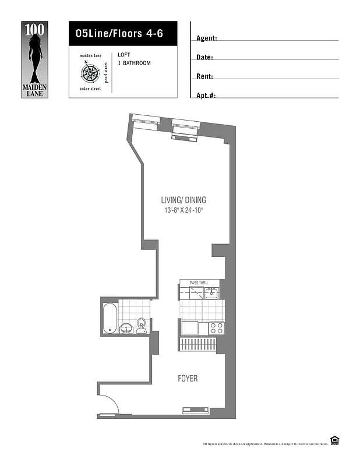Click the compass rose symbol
pos(90,72)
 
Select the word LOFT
pos(124,55)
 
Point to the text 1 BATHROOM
pos(134,63)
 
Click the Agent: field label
pos(207,38)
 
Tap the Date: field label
pos(204,58)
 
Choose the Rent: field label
pos(204,76)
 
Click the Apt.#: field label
pos(206,95)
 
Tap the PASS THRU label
pos(199,283)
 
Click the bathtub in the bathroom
pos(110,318)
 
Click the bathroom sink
pos(126,329)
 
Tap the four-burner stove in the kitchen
pos(217,328)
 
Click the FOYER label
pos(188,379)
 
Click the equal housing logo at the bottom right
pos(334,440)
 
